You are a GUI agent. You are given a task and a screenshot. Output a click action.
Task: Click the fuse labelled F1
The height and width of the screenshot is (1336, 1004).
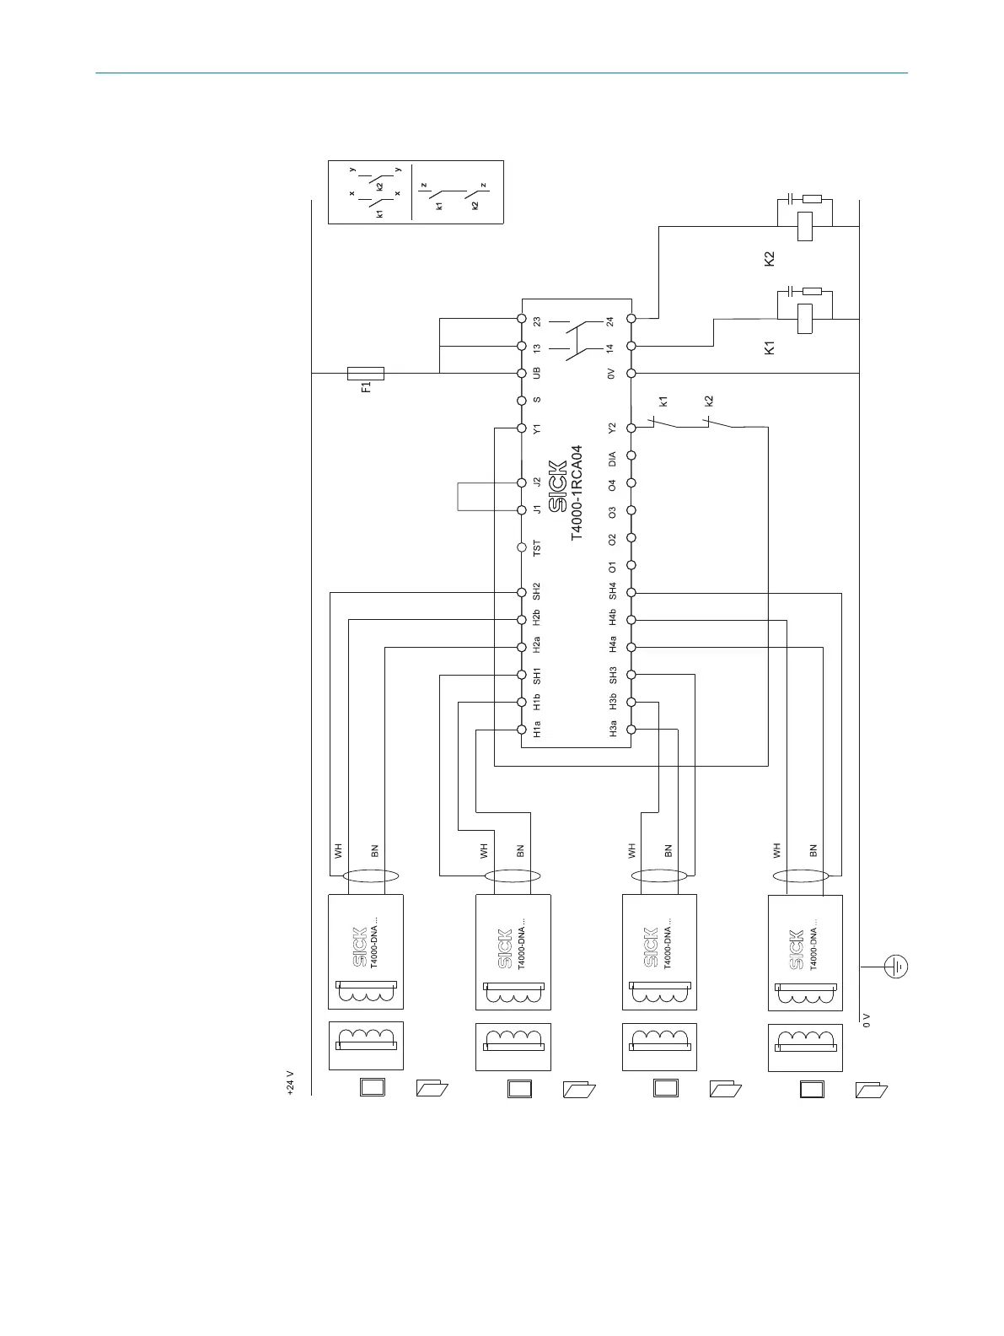click(x=366, y=373)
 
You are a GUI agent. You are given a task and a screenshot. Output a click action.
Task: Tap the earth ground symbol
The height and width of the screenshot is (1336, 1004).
click(x=896, y=965)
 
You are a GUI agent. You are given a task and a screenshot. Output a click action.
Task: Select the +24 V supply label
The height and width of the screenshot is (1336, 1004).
click(x=290, y=1083)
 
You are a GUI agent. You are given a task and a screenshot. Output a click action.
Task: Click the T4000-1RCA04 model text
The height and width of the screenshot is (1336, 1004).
click(x=577, y=493)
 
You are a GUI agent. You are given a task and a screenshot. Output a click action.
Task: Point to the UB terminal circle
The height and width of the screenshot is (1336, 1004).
click(x=522, y=373)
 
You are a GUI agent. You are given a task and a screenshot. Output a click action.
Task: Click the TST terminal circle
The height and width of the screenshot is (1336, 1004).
click(x=522, y=547)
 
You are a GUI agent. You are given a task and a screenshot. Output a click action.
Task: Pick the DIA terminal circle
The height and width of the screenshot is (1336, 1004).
click(x=631, y=455)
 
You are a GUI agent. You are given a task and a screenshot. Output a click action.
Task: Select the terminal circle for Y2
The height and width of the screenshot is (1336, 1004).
click(x=631, y=428)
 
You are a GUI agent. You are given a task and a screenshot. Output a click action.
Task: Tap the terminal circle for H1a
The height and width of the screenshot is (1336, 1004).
click(x=522, y=730)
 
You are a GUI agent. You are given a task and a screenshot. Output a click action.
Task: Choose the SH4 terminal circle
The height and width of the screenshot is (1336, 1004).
click(x=631, y=593)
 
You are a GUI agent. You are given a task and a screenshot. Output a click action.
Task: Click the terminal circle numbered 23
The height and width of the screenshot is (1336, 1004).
click(x=522, y=319)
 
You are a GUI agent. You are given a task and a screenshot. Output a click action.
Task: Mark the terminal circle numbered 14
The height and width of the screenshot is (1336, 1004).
click(x=631, y=346)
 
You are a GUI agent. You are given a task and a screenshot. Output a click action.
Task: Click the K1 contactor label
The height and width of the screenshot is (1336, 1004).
click(x=769, y=347)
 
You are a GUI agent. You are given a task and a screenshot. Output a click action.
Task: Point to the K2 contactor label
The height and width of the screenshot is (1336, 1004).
click(x=769, y=258)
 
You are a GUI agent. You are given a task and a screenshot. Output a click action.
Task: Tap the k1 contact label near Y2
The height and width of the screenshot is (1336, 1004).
click(x=663, y=401)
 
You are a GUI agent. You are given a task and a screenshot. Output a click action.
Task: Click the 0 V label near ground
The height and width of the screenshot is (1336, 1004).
click(x=866, y=1020)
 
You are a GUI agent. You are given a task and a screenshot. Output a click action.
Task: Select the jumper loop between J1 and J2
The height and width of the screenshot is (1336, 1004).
click(x=459, y=496)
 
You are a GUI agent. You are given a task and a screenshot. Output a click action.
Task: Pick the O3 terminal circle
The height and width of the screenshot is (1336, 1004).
click(x=631, y=510)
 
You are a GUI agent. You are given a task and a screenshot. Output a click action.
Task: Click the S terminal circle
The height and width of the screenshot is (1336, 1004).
click(x=522, y=401)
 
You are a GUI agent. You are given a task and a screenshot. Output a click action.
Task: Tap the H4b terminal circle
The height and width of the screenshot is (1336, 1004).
click(x=631, y=620)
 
